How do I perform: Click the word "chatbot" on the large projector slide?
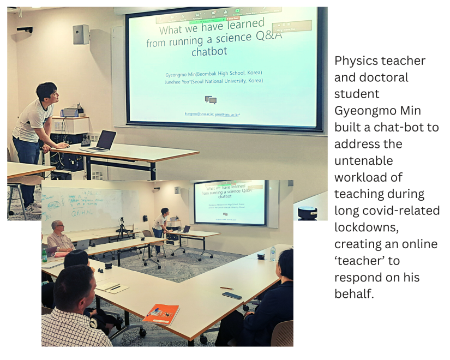(x=209, y=52)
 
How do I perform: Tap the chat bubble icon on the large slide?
(x=211, y=100)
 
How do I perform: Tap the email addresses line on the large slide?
(x=212, y=114)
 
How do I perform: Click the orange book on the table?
(x=160, y=314)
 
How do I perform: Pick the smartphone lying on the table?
(x=232, y=295)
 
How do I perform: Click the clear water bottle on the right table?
(x=273, y=253)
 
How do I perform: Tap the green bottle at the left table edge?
(x=45, y=255)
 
